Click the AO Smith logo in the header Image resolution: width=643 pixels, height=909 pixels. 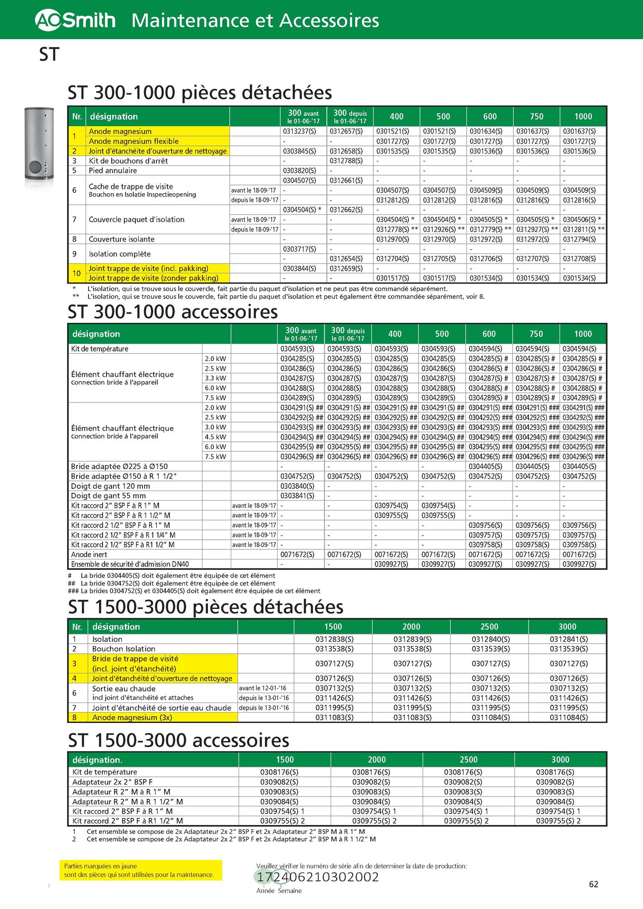point(75,20)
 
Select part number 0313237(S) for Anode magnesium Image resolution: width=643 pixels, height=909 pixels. point(299,131)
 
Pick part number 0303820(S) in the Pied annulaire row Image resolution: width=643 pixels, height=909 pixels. point(299,170)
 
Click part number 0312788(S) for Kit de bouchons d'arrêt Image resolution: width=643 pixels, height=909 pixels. point(346,161)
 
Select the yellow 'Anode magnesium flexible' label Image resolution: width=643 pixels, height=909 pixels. point(133,141)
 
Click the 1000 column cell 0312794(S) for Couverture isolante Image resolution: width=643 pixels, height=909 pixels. point(579,239)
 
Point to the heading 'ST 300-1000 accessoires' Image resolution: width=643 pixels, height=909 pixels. point(172,312)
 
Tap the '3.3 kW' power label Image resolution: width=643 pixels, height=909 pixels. point(215,378)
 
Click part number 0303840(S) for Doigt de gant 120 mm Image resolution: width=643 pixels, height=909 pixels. point(297,486)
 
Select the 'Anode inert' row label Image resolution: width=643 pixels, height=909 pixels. point(89,554)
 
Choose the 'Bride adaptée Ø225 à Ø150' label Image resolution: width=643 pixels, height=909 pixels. point(119,466)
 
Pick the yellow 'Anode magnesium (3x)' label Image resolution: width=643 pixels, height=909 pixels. point(132,717)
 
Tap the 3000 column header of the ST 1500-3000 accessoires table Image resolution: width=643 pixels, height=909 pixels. point(560,759)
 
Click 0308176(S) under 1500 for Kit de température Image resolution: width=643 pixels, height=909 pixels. point(279,772)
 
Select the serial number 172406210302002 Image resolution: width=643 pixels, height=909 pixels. point(318,877)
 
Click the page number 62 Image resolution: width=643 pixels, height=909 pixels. point(593,884)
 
